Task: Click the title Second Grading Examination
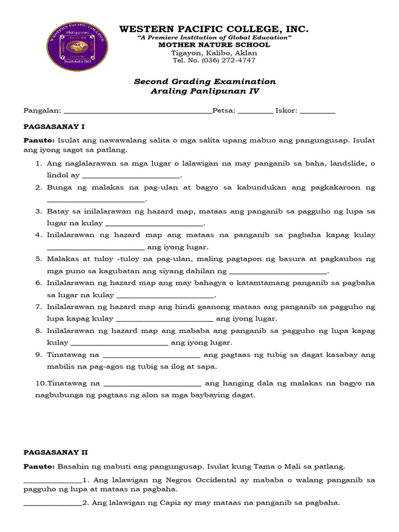point(205,82)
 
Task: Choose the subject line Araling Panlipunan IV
point(205,91)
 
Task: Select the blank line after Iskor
point(317,112)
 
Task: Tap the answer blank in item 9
point(152,356)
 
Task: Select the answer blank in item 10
point(153,384)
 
